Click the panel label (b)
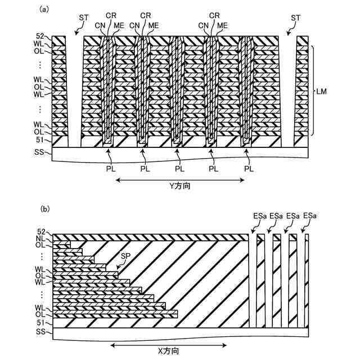44,209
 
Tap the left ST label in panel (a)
84,19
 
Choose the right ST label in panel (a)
295,19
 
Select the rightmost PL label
248,168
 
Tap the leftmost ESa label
260,215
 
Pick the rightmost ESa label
309,215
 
